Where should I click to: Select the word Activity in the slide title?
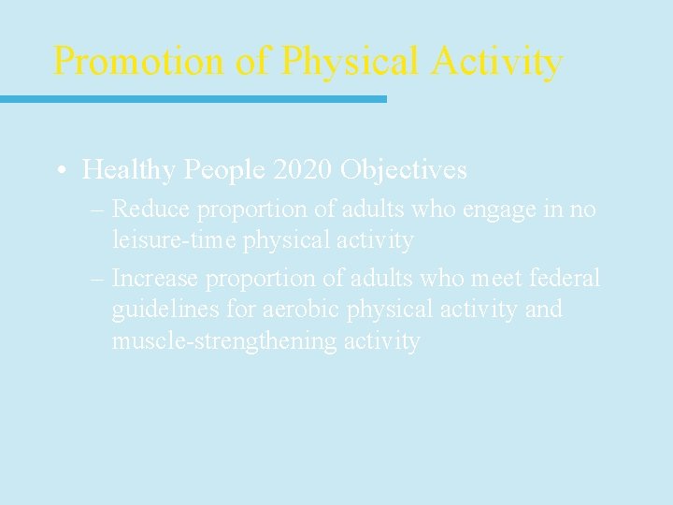[496, 62]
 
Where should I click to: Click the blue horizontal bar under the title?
[193, 98]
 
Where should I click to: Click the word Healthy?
[129, 170]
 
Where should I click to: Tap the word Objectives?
[404, 170]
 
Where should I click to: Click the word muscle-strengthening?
[224, 341]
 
